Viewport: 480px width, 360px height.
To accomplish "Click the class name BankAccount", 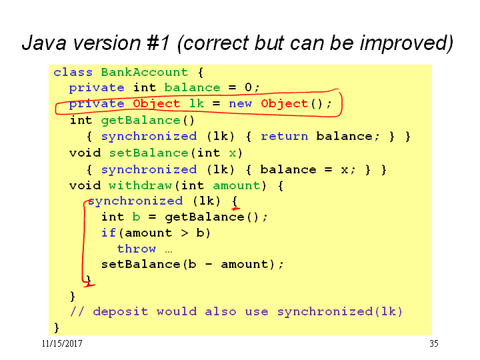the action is [145, 72].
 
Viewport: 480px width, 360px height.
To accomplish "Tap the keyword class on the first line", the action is [73, 72].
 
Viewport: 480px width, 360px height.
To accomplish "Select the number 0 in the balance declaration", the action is [248, 87].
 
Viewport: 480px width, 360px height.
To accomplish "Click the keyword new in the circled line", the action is [240, 103].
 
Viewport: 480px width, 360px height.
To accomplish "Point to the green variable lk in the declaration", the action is [197, 103].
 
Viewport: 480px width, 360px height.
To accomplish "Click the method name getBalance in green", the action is [141, 120].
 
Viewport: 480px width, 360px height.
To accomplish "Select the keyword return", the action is [285, 136].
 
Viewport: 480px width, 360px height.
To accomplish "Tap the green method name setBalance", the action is [149, 153].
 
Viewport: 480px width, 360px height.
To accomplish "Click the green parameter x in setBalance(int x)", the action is [233, 153].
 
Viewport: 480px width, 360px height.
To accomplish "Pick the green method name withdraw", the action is [140, 185].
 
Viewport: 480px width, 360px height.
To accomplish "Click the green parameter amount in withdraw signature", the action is [236, 185].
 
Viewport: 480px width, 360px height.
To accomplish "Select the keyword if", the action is [109, 233].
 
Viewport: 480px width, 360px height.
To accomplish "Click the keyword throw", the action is [137, 249].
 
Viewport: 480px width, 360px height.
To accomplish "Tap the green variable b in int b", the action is [136, 217].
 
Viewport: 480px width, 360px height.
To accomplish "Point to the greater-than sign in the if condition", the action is [184, 233].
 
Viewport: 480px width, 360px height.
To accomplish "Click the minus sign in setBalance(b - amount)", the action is [209, 265].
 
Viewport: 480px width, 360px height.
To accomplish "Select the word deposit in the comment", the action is [121, 311].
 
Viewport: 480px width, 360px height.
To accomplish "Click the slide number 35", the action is [434, 343].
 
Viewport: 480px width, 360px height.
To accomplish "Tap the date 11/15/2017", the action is [62, 343].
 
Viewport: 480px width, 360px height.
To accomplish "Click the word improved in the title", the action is [404, 43].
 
